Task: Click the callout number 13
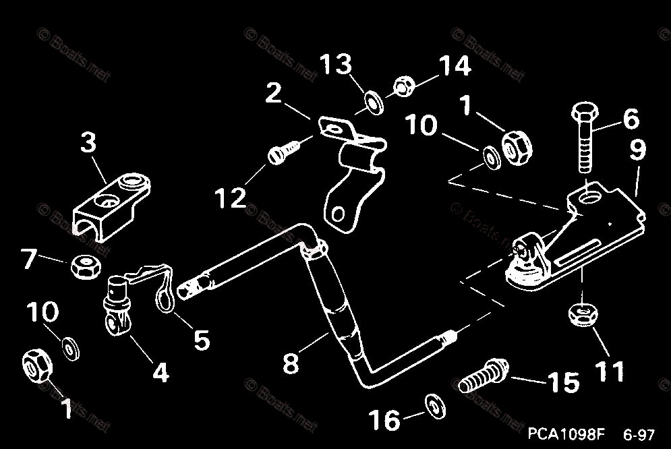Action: point(336,65)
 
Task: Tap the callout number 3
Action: point(88,142)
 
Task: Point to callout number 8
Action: point(290,363)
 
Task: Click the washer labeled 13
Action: point(372,101)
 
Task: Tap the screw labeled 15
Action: point(484,376)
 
